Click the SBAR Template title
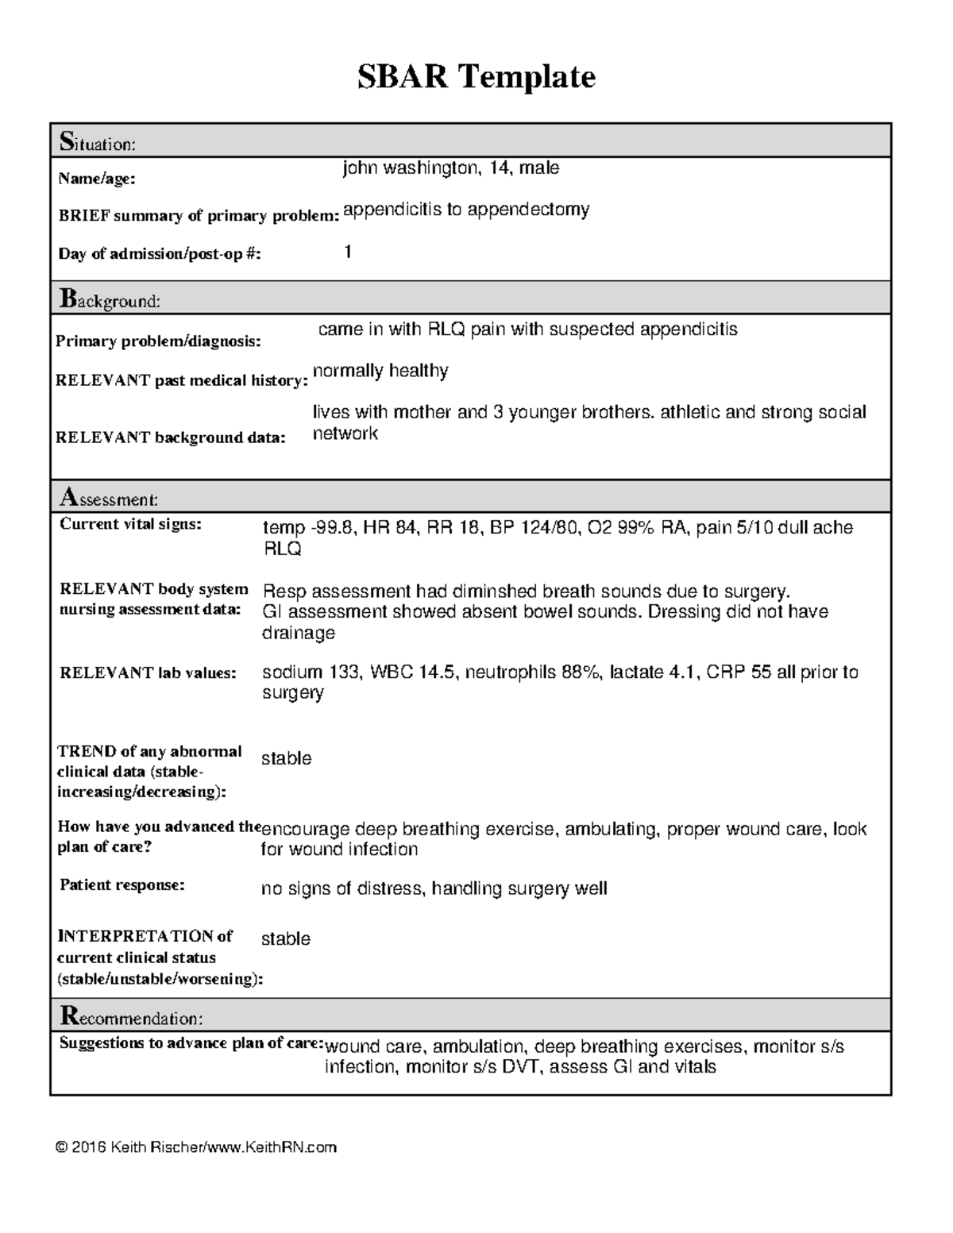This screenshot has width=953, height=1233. pyautogui.click(x=476, y=77)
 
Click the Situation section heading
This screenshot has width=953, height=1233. pyautogui.click(x=98, y=143)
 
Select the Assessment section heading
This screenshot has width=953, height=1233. pyautogui.click(x=109, y=499)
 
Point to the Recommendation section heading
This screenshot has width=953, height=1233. pyautogui.click(x=131, y=1017)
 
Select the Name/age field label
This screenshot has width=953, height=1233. pyautogui.click(x=96, y=179)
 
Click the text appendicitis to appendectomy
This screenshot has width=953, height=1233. pyautogui.click(x=466, y=210)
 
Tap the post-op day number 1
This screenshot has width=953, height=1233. pyautogui.click(x=348, y=252)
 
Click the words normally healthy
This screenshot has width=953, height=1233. pyautogui.click(x=380, y=371)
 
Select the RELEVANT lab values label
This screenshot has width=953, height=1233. pyautogui.click(x=148, y=673)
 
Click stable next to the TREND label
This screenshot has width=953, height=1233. pyautogui.click(x=286, y=759)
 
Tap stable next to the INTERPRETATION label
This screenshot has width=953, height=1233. pyautogui.click(x=285, y=939)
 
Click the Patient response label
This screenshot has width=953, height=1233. pyautogui.click(x=122, y=885)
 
